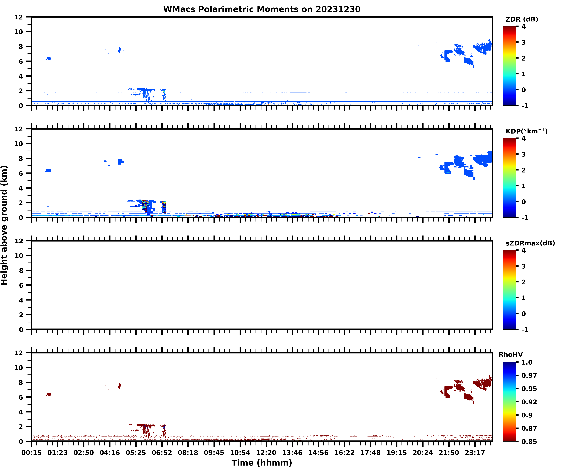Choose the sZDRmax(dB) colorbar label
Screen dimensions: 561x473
[x=530, y=243]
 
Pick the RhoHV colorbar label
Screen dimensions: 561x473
[x=511, y=355]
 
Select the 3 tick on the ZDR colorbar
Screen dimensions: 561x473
[x=524, y=42]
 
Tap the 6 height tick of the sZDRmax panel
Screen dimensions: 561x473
[x=21, y=285]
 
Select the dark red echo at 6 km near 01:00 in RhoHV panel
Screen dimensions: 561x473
[x=48, y=394]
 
